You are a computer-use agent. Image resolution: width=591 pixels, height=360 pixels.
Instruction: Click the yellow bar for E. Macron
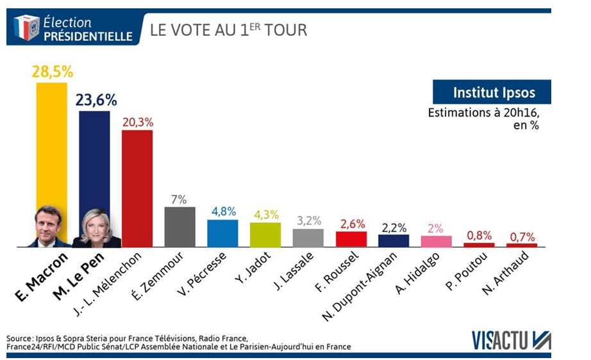51,141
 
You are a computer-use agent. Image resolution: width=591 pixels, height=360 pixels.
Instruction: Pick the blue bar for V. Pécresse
222,233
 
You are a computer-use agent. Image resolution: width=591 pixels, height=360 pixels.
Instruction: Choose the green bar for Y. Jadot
265,234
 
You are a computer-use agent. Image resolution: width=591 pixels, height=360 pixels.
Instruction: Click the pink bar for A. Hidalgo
436,241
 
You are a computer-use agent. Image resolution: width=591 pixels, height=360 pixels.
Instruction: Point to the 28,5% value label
51,71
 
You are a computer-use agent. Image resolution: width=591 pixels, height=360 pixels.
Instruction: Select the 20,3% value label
137,121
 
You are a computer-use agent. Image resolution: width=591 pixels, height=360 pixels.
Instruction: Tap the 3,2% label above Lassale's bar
308,220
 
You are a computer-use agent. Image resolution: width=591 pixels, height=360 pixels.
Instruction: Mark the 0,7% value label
522,236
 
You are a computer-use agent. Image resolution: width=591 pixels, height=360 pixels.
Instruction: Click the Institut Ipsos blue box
492,92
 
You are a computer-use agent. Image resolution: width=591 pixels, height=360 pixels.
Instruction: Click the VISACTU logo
511,339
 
